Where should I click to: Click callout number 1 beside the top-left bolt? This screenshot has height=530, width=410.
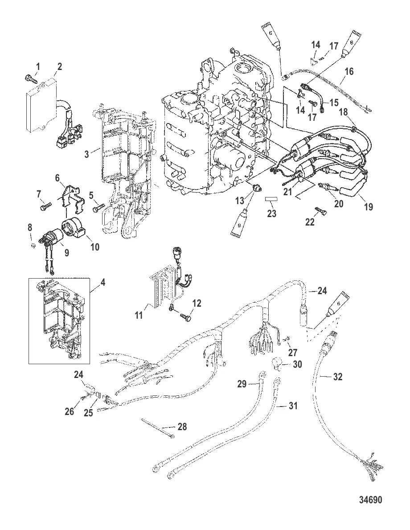(37, 67)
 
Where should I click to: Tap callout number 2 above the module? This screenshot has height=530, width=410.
(59, 67)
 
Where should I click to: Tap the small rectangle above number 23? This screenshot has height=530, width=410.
(272, 198)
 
